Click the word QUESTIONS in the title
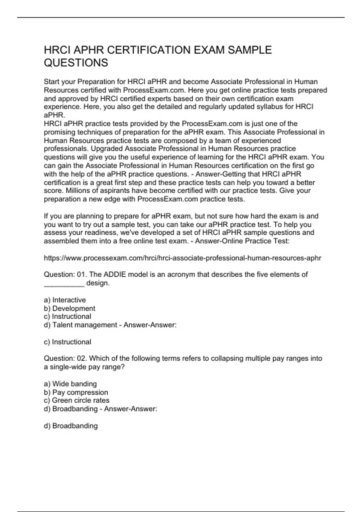point(76,63)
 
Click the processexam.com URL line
point(183,258)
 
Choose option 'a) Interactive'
point(65,300)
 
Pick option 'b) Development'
point(69,308)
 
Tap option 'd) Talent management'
point(80,325)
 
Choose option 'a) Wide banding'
point(70,384)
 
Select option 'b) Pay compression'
point(76,392)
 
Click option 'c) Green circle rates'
point(76,401)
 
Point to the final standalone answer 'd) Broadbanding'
point(71,426)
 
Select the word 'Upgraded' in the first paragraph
point(107,149)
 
